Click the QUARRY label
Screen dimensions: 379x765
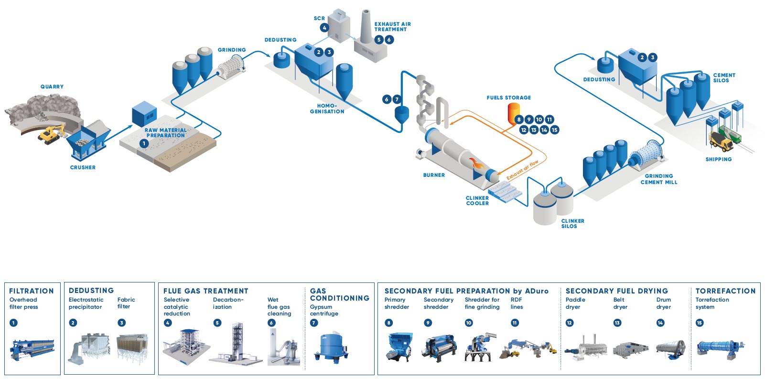coord(52,87)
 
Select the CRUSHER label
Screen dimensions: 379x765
coord(83,167)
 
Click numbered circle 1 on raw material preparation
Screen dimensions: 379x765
coord(144,143)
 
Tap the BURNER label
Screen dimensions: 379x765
coord(434,175)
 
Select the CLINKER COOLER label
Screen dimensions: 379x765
coord(477,200)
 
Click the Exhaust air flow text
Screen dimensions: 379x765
coord(522,170)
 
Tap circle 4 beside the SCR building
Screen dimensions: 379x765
coord(324,28)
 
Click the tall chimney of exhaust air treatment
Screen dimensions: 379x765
coord(366,26)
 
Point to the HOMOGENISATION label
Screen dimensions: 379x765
coord(327,108)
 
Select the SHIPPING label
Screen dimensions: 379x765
coord(718,159)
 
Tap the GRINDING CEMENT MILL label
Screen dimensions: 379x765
coord(658,179)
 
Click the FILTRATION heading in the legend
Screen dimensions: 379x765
coord(32,291)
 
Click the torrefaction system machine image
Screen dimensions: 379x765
coord(721,349)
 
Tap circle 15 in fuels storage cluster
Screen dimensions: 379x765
coord(554,130)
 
